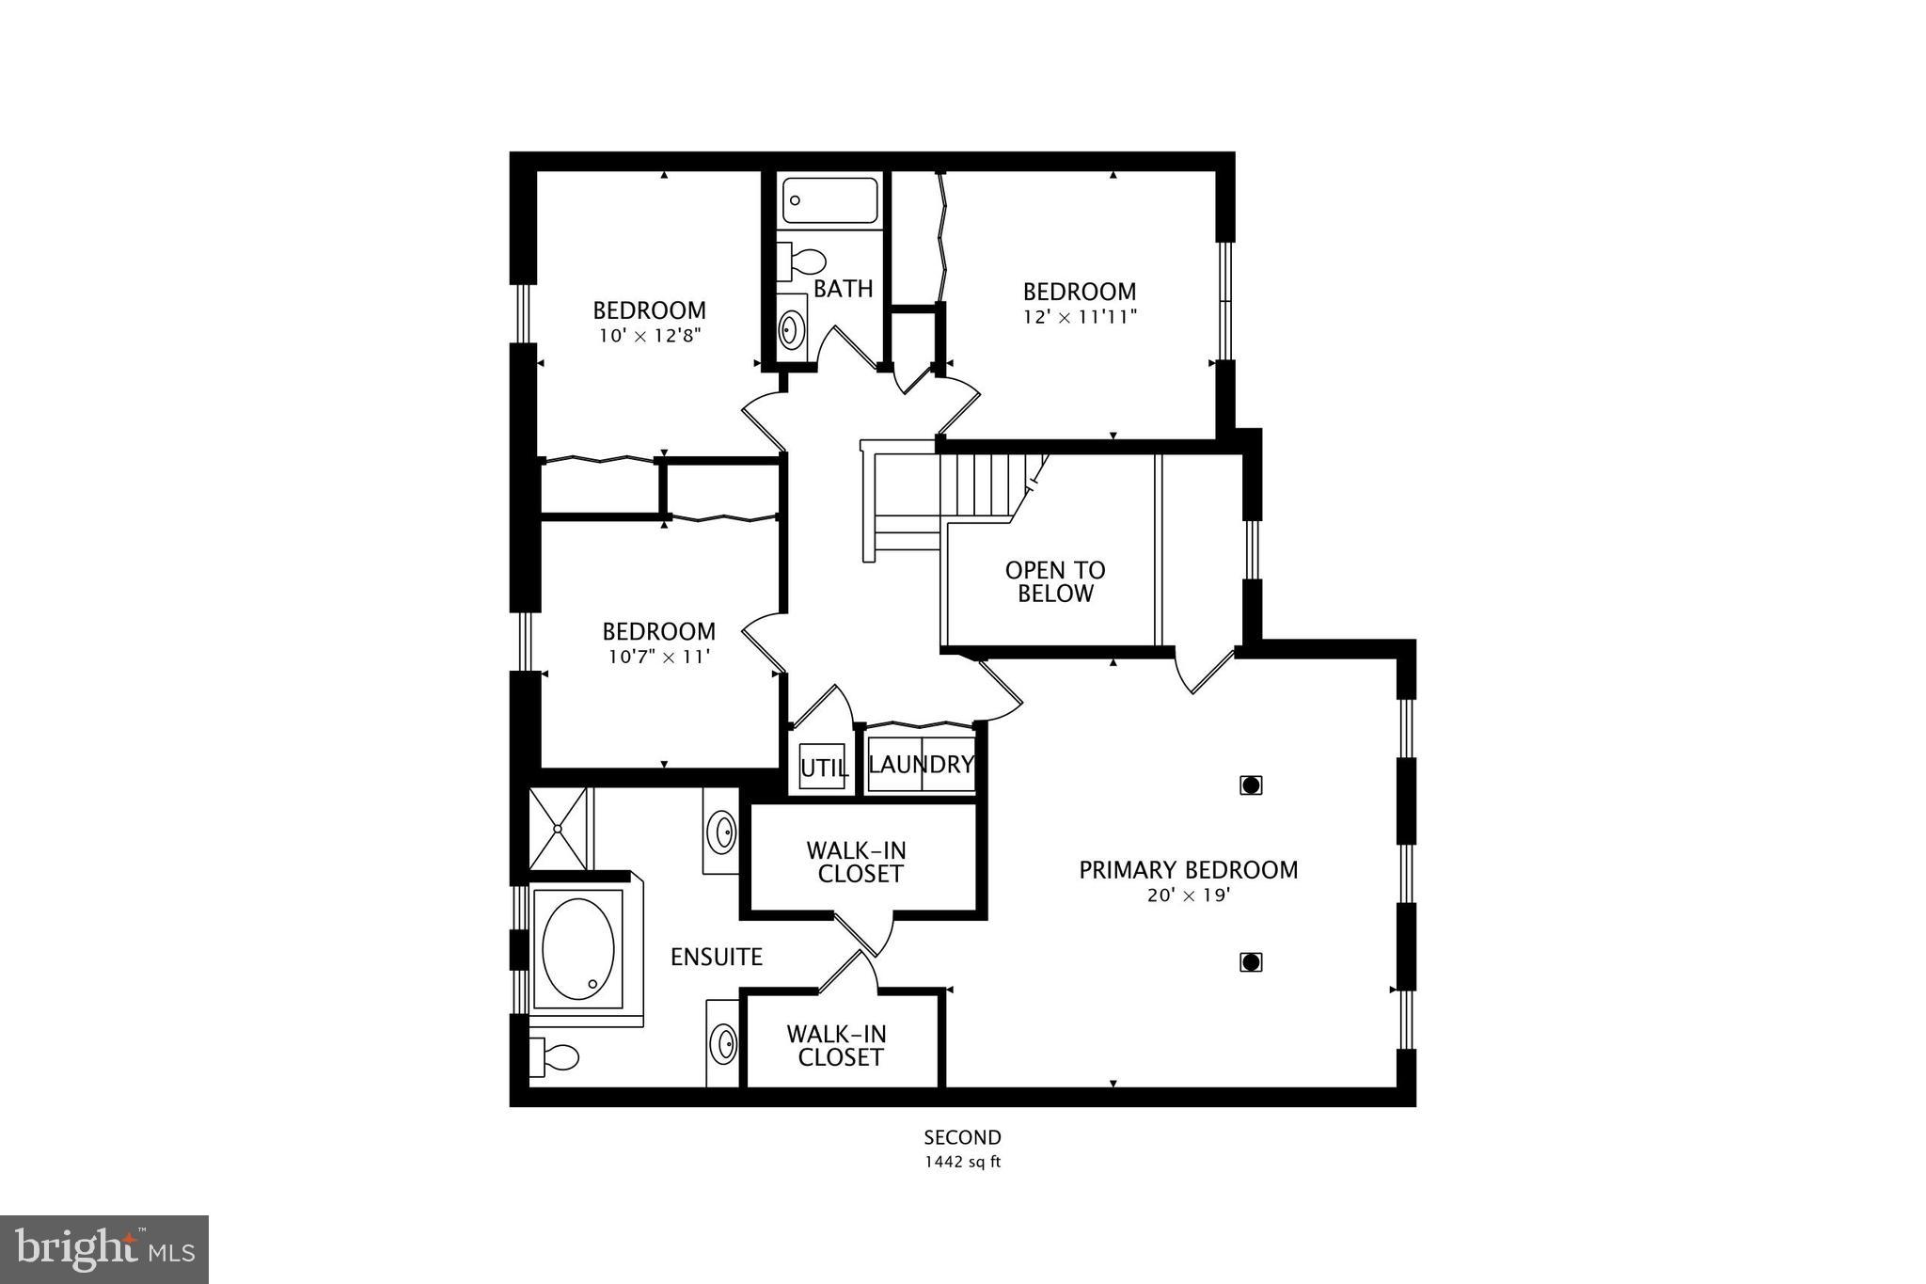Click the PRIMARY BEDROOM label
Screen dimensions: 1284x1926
coord(1188,870)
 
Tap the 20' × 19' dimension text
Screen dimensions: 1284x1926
coord(1188,896)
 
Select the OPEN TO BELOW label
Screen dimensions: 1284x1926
coord(1054,581)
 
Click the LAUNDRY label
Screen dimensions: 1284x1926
coord(921,765)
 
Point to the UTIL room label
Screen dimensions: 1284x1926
coord(823,769)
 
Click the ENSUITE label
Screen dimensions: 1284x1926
coord(716,958)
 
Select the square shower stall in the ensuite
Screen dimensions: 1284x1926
coord(558,829)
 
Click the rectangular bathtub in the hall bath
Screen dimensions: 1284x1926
coord(830,200)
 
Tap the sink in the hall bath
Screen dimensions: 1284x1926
coord(792,328)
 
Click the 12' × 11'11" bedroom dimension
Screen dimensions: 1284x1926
coord(1080,318)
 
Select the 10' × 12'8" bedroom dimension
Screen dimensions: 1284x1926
coord(649,336)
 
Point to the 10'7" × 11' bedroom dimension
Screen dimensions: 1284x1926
coord(658,658)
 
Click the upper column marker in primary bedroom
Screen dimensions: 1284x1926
coord(1250,785)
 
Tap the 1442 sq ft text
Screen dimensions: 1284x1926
coord(962,1162)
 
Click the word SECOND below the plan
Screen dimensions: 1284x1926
coord(962,1137)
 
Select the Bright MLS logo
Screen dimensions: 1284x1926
coord(104,1249)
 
